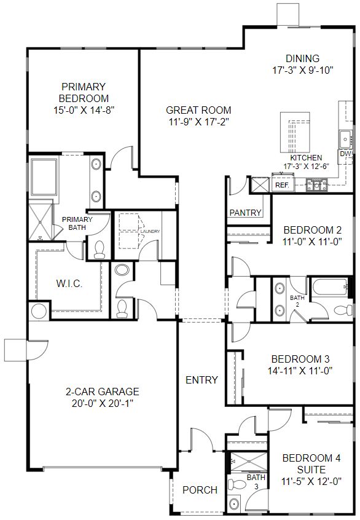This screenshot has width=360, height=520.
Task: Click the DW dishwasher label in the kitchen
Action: click(x=345, y=154)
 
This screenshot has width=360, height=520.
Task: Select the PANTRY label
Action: click(x=245, y=213)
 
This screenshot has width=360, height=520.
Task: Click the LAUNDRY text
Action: click(x=150, y=232)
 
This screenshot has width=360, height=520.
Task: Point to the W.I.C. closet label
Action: click(x=69, y=283)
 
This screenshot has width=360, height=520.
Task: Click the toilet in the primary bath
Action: click(x=99, y=250)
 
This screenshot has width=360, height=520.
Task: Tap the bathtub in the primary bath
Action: click(x=44, y=176)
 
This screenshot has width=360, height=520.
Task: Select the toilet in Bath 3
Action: click(x=237, y=484)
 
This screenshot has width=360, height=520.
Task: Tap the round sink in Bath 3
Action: click(x=235, y=504)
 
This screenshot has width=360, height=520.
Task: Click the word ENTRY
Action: click(x=202, y=380)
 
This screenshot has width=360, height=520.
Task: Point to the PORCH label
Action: click(x=200, y=490)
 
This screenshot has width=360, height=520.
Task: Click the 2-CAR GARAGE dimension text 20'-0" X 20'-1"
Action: click(x=103, y=404)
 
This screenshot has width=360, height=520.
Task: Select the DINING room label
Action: click(x=303, y=58)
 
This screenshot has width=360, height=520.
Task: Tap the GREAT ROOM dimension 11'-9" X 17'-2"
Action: click(x=198, y=122)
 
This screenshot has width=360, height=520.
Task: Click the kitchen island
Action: click(x=295, y=132)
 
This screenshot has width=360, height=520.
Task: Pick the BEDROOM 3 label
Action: click(x=300, y=359)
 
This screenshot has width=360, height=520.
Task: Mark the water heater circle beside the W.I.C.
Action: click(x=39, y=311)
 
